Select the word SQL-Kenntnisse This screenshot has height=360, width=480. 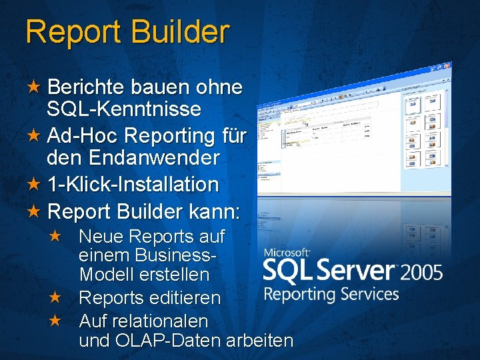click(x=124, y=109)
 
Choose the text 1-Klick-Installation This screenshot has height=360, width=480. click(x=133, y=184)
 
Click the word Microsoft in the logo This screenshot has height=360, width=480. click(x=287, y=253)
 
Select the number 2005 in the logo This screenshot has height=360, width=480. click(x=421, y=273)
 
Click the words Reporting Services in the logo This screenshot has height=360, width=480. click(x=331, y=294)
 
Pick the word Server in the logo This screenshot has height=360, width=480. click(x=358, y=271)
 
